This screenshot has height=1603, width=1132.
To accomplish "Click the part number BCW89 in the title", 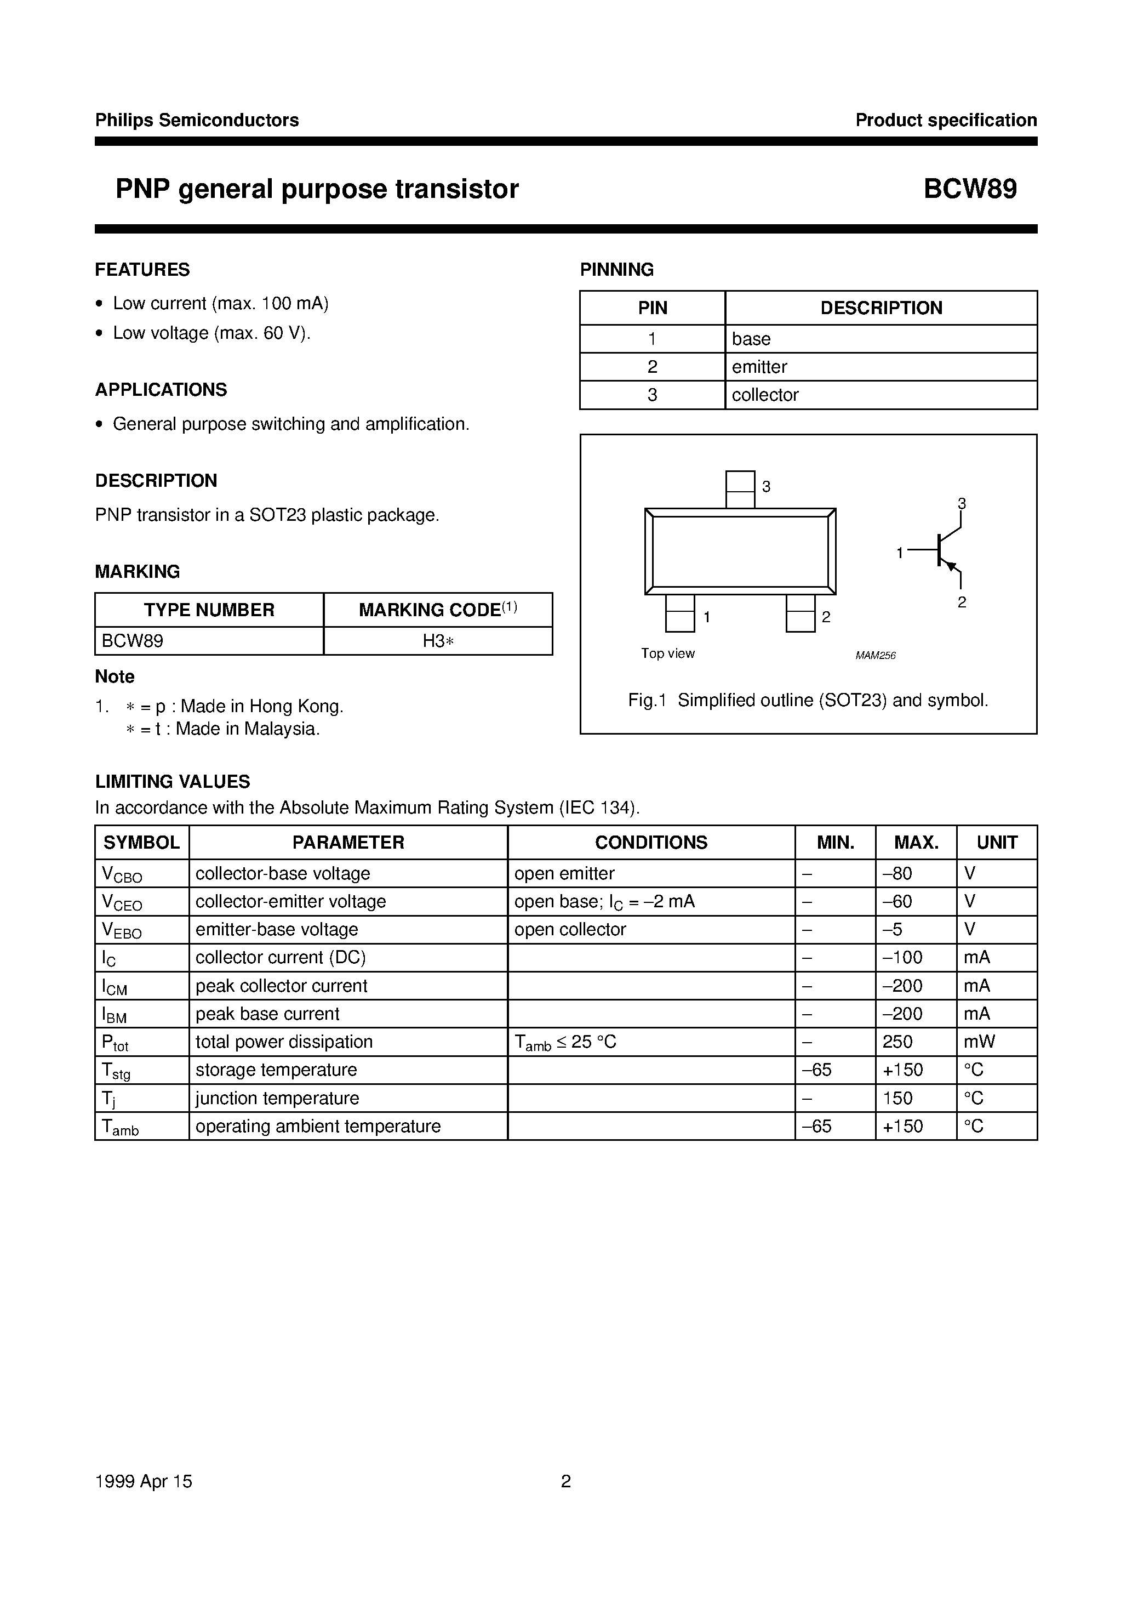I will pyautogui.click(x=970, y=189).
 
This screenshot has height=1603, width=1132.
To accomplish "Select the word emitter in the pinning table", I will pyautogui.click(x=759, y=367).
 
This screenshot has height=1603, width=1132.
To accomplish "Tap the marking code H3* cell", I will pyautogui.click(x=438, y=641).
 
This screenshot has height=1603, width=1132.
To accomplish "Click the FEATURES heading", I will pyautogui.click(x=142, y=270).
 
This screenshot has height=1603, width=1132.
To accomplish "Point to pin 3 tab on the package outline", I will pyautogui.click(x=740, y=488).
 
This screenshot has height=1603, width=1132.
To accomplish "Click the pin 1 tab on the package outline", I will pyautogui.click(x=680, y=613).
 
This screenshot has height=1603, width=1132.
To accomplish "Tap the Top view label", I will pyautogui.click(x=668, y=653).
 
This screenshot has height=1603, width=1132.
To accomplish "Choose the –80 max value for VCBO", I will pyautogui.click(x=897, y=873).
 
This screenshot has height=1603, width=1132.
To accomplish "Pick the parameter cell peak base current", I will pyautogui.click(x=267, y=1014).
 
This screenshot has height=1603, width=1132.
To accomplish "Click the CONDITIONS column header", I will pyautogui.click(x=650, y=843).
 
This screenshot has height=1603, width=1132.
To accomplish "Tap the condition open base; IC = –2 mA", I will pyautogui.click(x=604, y=902).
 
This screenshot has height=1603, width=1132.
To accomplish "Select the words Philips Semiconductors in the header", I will pyautogui.click(x=197, y=120).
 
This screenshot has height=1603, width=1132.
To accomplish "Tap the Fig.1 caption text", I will pyautogui.click(x=808, y=700).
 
